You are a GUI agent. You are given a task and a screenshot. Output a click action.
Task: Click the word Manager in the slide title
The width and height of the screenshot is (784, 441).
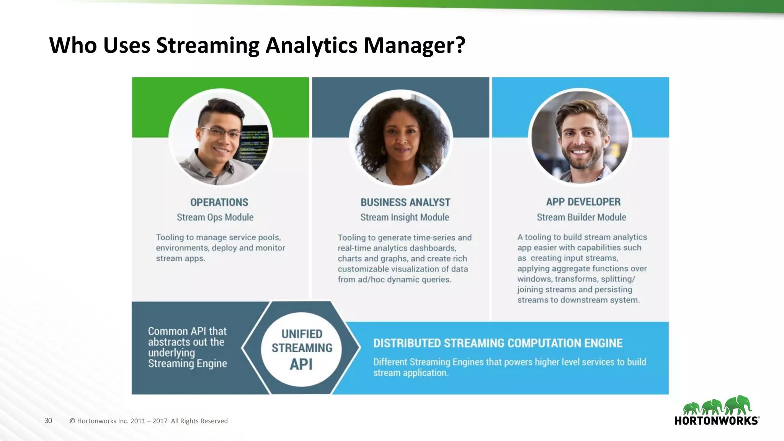(414, 45)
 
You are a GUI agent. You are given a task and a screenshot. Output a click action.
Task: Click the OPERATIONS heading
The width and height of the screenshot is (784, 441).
(219, 202)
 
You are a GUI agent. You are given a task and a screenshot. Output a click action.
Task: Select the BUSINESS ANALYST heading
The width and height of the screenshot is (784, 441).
(405, 202)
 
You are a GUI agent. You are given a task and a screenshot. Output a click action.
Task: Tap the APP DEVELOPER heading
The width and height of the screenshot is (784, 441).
(583, 202)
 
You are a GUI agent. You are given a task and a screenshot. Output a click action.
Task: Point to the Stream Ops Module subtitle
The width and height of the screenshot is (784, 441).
(215, 217)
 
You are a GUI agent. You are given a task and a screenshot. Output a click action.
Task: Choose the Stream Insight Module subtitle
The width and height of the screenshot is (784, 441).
(404, 217)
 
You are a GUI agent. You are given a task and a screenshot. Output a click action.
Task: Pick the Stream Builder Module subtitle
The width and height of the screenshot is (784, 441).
(581, 217)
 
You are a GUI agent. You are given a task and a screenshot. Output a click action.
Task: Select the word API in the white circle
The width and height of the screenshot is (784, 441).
(301, 364)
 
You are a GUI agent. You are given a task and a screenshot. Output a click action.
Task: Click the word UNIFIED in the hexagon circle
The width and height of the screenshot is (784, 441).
(302, 334)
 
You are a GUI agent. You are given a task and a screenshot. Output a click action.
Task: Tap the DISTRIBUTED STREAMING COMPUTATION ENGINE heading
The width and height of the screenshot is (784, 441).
(498, 343)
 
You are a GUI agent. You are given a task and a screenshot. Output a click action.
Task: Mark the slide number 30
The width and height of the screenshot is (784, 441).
(48, 420)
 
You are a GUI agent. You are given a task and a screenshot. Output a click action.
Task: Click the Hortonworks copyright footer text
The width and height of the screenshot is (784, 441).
(149, 421)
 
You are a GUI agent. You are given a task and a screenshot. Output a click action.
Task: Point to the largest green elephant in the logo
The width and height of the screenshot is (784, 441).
(738, 405)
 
